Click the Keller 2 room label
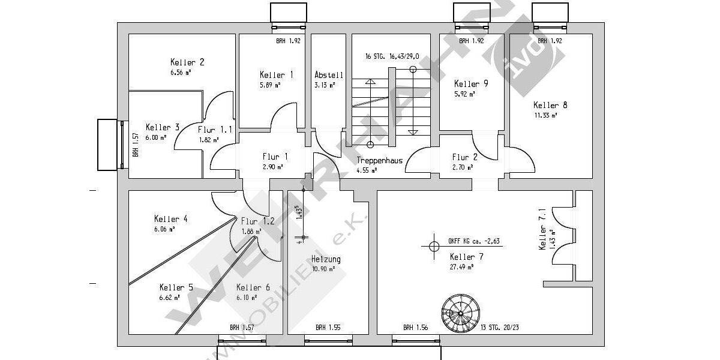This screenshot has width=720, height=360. [187, 62]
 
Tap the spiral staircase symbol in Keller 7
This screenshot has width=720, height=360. [460, 311]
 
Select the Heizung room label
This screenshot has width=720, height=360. [326, 259]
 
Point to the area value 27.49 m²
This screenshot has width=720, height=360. [462, 266]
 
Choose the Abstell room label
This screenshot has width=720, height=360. [329, 75]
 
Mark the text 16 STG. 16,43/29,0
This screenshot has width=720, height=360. [392, 56]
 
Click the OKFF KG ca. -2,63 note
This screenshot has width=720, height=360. [474, 241]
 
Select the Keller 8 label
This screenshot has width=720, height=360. [550, 105]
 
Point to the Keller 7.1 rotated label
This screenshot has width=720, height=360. [542, 229]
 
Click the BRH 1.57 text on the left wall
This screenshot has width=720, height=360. [136, 145]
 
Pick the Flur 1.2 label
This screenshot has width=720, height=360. [257, 221]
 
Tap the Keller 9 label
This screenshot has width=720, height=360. [471, 84]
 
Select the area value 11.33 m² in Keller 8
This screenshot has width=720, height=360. [545, 115]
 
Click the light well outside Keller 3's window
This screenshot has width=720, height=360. [109, 145]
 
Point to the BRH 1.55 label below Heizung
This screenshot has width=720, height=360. [328, 328]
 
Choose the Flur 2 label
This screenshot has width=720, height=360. [464, 158]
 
